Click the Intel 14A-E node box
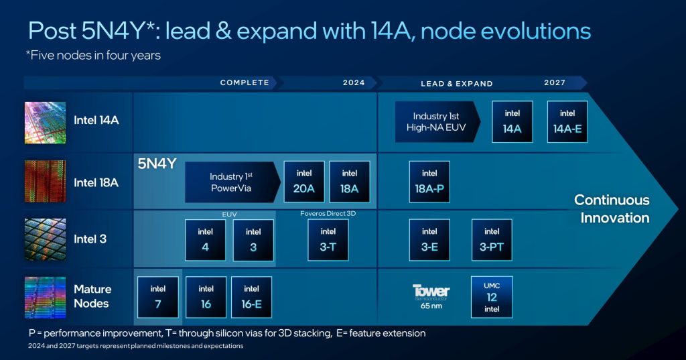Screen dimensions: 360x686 567,122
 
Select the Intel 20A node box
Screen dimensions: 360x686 304,182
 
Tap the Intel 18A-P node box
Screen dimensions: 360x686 429,182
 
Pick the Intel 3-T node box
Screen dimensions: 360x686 328,240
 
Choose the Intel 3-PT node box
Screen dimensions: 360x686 492,240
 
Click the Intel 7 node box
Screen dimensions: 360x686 158,297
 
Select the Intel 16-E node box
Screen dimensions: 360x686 251,297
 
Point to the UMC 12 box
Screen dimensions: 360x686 492,297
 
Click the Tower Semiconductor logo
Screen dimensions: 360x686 431,292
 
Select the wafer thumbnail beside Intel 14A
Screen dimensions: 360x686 45,122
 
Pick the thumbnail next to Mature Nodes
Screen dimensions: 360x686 45,297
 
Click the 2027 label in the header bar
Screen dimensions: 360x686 555,83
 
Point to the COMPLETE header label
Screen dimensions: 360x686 245,83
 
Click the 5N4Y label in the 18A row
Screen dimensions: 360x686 157,163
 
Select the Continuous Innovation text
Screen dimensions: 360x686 612,208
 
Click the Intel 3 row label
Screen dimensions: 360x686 90,239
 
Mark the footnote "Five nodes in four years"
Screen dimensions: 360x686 94,56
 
